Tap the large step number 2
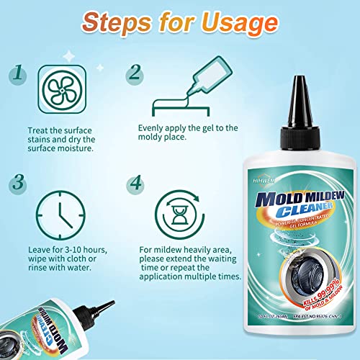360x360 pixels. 135,73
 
